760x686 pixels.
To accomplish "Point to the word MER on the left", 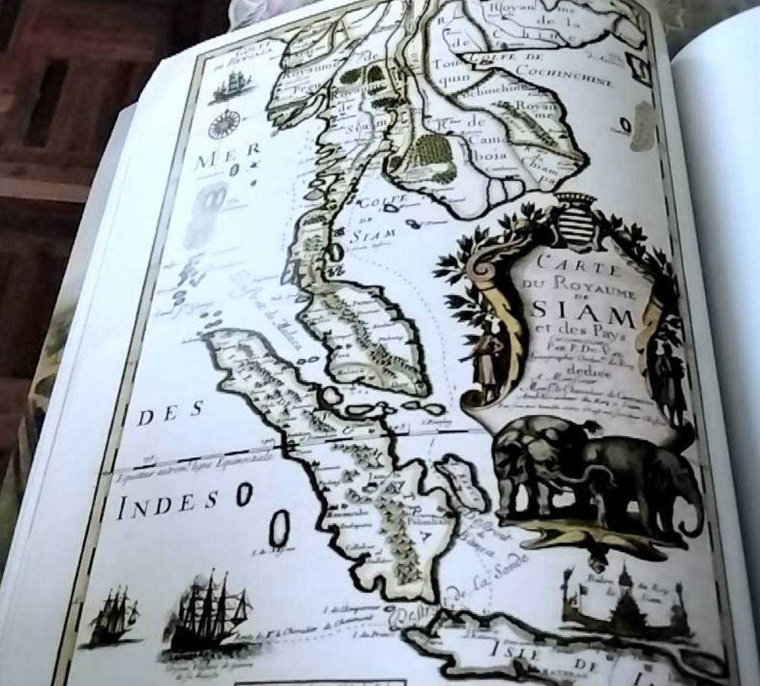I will (216, 158).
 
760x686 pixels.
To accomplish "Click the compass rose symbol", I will (222, 124).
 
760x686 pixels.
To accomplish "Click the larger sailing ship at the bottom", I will (209, 611).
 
